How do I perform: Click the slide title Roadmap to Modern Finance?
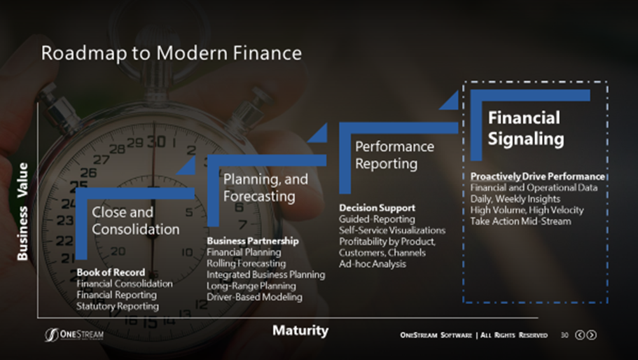[x=172, y=53]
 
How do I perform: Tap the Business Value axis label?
[x=22, y=212]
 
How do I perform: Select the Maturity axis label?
[x=300, y=330]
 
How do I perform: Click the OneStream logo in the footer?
[x=74, y=335]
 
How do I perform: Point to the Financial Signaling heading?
[x=526, y=128]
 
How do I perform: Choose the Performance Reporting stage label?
[x=394, y=155]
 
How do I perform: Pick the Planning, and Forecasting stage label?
[x=265, y=188]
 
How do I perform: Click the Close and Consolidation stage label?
[x=135, y=221]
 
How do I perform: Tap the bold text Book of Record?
[x=111, y=272]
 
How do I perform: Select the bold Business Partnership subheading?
[x=253, y=241]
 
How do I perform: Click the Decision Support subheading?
[x=377, y=207]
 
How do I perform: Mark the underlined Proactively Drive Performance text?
[x=537, y=176]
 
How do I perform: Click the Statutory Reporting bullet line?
[x=118, y=306]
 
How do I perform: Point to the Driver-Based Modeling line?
[x=254, y=297]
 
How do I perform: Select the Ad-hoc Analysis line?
[x=373, y=263]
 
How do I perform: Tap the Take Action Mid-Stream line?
[x=520, y=221]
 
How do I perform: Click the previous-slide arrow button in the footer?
[x=579, y=335]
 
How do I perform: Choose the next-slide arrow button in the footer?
[x=592, y=335]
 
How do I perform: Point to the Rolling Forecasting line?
[x=247, y=263]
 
